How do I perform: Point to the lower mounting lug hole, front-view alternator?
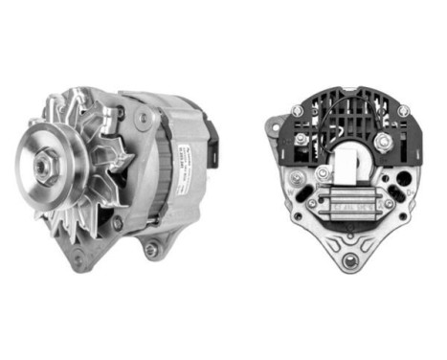click(150, 251)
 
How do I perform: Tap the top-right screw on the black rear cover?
click(404, 112)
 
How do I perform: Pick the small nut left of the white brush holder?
click(323, 174)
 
